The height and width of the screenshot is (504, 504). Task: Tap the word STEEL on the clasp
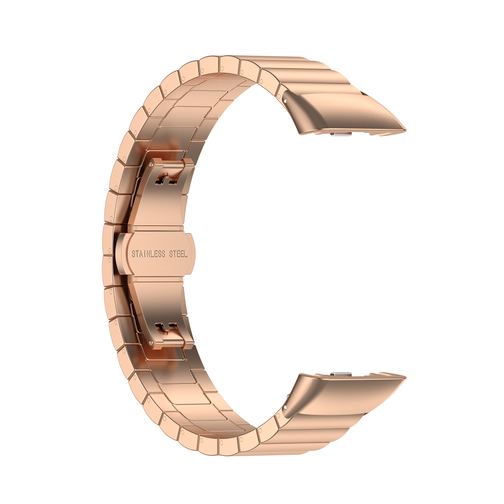(178, 254)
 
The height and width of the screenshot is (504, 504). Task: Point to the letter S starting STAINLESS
(134, 254)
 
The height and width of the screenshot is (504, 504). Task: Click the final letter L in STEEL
(185, 254)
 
